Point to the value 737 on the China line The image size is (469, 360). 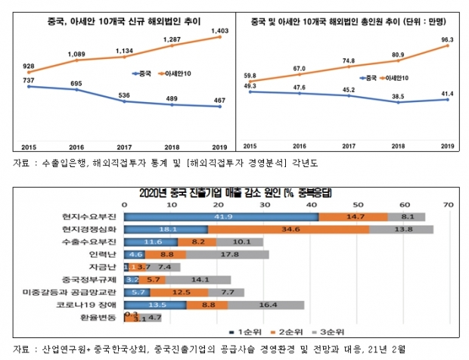point(27,79)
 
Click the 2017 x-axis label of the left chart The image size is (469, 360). point(123,146)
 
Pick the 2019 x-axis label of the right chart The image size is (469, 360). point(446,146)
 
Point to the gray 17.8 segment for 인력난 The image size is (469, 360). point(226,254)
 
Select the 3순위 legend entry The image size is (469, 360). point(330,331)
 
